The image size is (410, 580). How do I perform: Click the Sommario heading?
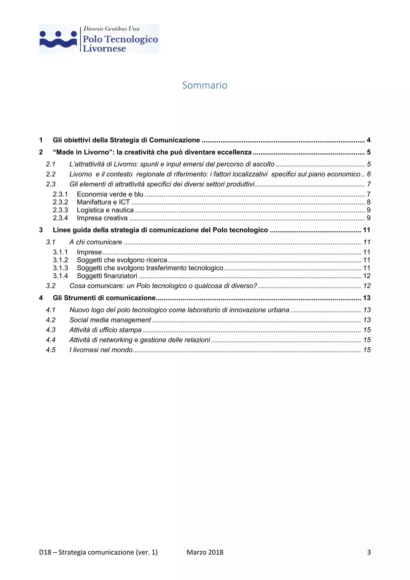tap(205, 85)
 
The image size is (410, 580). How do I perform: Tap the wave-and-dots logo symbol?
tap(58, 39)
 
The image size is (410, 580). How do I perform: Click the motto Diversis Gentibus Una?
tap(111, 29)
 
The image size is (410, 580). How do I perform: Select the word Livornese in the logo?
tap(104, 48)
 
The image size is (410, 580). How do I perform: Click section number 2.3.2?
tap(60, 202)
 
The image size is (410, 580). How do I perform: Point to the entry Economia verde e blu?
tap(110, 194)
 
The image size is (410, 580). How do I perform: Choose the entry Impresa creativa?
tap(102, 218)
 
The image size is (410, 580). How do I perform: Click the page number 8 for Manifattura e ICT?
tap(368, 202)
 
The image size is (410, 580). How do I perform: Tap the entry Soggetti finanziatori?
tap(107, 276)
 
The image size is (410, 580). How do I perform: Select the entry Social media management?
tap(110, 320)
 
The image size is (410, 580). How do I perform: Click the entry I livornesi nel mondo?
tap(101, 350)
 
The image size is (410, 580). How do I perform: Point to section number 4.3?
tap(51, 330)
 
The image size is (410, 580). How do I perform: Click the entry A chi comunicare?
tap(96, 242)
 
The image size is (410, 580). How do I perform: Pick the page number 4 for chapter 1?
tap(368, 140)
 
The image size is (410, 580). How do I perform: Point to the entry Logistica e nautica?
tap(105, 210)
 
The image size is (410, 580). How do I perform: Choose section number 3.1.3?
tap(60, 268)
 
